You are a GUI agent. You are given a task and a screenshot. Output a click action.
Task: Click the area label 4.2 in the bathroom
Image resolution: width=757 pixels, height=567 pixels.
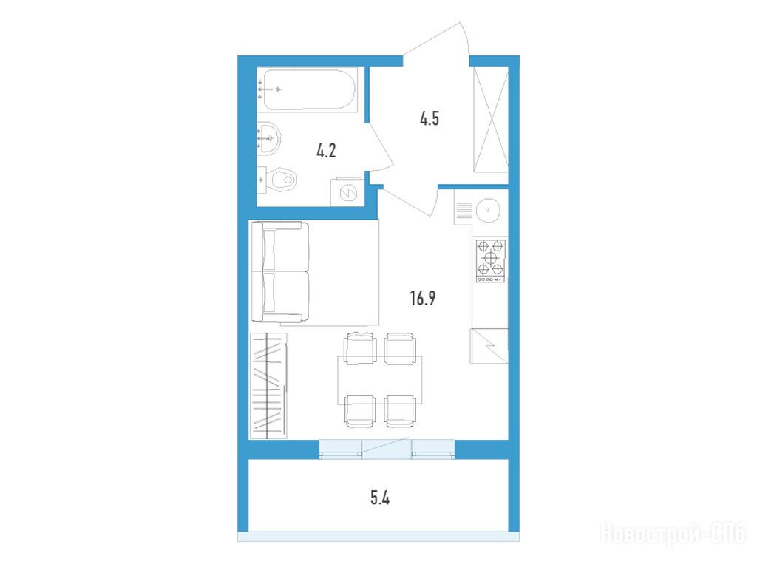tap(326, 151)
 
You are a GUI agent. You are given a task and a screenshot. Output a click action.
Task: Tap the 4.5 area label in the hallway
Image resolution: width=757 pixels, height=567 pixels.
tap(430, 118)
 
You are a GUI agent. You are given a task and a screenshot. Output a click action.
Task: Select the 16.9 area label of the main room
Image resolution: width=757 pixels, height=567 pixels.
tap(422, 298)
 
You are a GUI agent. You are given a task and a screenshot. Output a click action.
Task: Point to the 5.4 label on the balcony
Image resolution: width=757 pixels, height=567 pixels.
tap(380, 498)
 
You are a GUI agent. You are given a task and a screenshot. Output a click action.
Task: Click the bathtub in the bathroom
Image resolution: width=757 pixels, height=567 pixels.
tap(310, 90)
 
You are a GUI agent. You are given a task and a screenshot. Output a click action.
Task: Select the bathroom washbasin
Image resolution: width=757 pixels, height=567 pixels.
tap(268, 138)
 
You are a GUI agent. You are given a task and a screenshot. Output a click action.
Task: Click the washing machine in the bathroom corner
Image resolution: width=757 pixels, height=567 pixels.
tap(347, 192)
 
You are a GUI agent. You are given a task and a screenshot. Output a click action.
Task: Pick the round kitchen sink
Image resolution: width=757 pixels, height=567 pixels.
tap(488, 211)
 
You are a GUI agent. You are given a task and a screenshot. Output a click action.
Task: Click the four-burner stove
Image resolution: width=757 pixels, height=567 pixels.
tap(491, 261)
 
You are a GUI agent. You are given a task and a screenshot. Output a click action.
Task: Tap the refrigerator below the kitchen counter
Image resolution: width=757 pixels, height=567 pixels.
tap(489, 346)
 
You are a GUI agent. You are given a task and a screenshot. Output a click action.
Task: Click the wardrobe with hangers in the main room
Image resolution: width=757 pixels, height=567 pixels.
tap(268, 386)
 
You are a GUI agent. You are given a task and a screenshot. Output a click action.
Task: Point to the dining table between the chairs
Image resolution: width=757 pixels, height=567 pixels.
tap(380, 380)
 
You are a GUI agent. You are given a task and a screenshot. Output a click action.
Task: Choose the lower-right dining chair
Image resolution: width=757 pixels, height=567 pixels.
tap(400, 411)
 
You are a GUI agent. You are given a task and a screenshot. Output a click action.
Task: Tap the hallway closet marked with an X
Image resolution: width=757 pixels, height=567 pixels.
tap(491, 119)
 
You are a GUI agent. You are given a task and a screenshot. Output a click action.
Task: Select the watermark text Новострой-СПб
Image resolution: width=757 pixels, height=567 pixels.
tap(673, 534)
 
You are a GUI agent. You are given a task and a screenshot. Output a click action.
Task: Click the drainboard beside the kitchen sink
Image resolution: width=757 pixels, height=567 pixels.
tap(464, 211)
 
